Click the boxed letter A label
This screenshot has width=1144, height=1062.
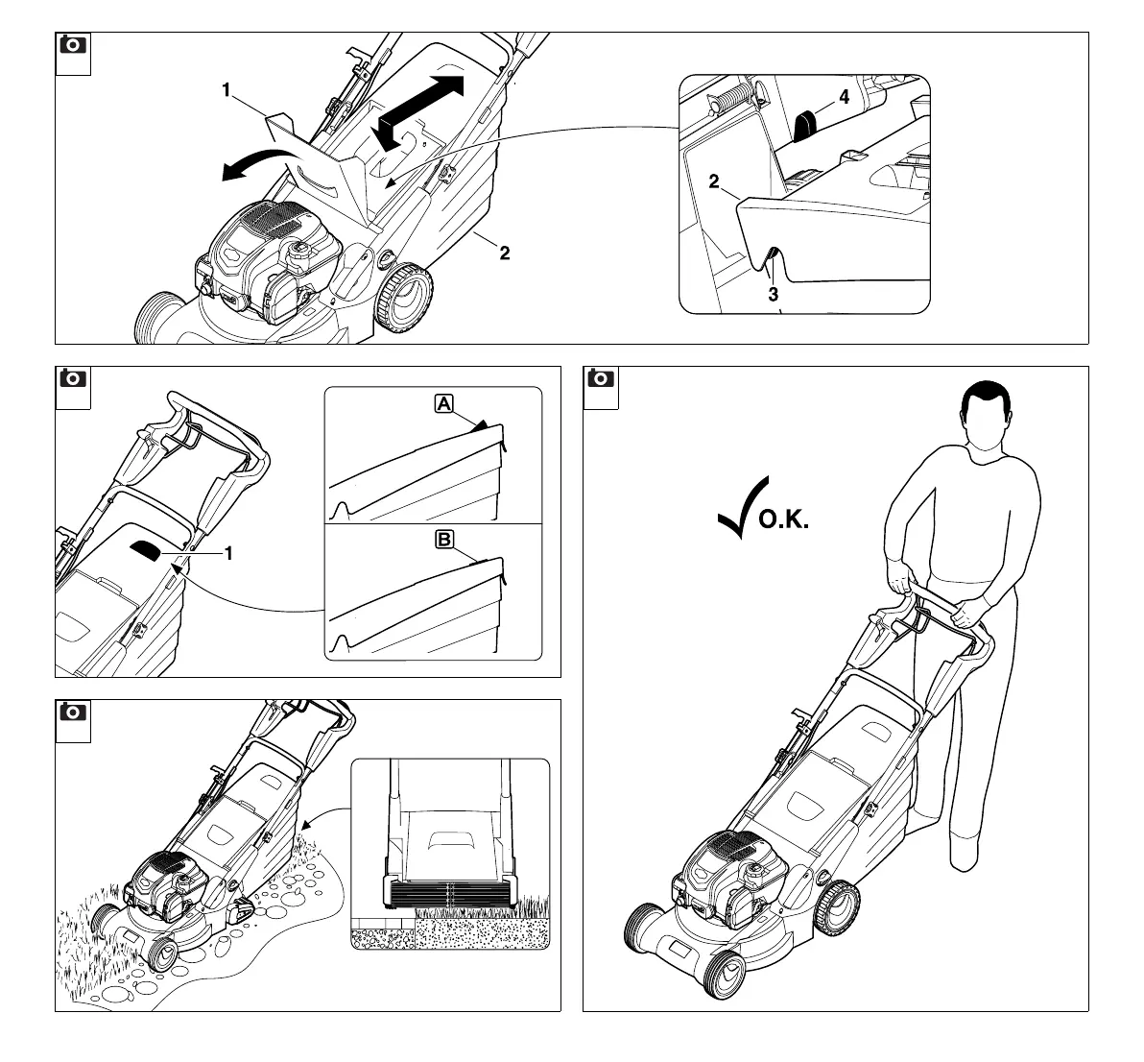point(443,404)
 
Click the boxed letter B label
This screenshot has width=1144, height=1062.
point(444,540)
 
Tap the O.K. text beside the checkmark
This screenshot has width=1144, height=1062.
point(785,521)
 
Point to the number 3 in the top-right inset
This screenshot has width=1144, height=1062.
point(773,295)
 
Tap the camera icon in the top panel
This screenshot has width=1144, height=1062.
point(72,46)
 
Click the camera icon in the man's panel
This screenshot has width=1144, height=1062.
point(601,379)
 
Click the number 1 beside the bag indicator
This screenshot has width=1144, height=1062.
point(229,553)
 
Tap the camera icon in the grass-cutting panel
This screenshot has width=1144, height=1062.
point(72,713)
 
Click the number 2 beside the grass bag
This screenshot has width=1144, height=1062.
point(505,253)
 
